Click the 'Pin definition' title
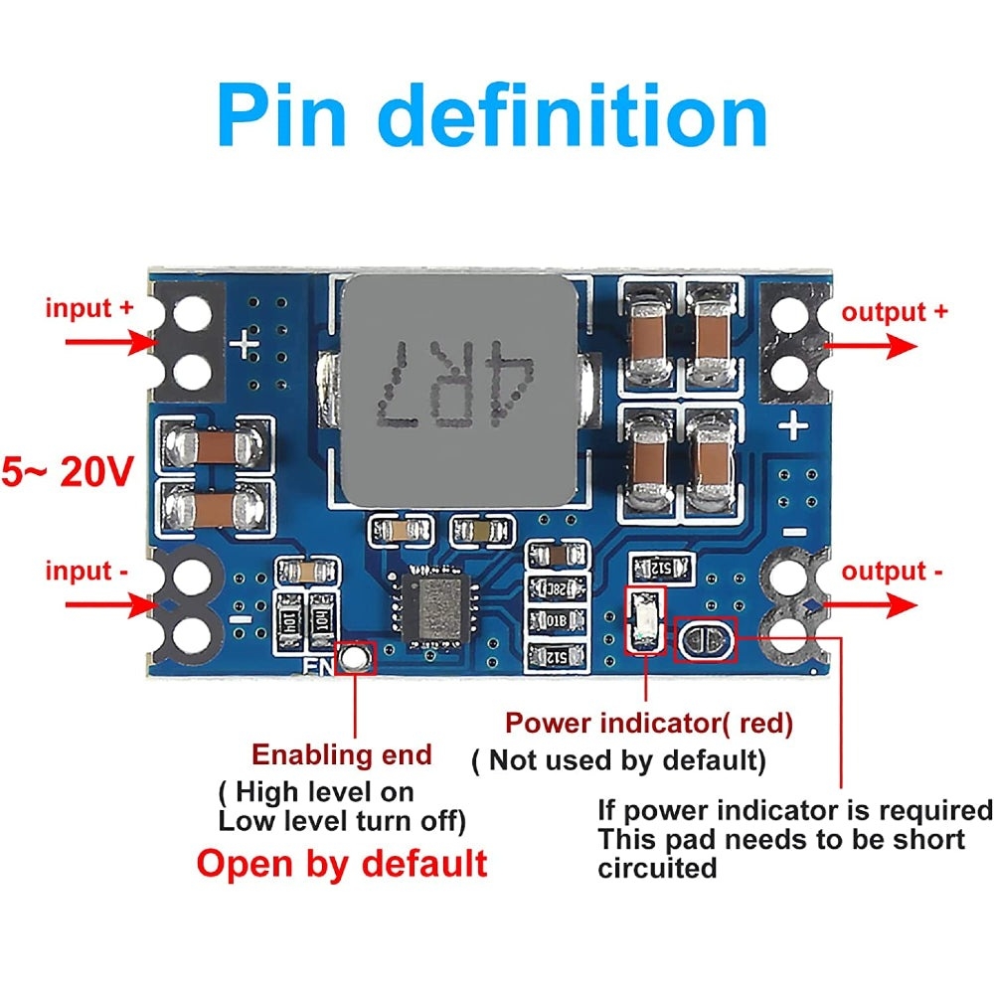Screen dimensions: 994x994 point(493,116)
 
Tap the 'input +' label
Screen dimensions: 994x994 point(89,308)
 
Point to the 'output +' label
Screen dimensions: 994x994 point(895,311)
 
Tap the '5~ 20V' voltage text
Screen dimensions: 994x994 point(68,472)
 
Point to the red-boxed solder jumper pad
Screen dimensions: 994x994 point(706,640)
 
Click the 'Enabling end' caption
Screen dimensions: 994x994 point(342,754)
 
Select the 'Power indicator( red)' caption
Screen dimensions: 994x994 point(649,724)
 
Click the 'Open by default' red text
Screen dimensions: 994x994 point(342,863)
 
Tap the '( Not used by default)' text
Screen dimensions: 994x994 point(619,761)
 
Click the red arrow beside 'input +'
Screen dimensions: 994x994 point(109,341)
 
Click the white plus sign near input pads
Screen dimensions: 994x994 point(245,347)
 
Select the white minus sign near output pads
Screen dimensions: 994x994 point(795,533)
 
